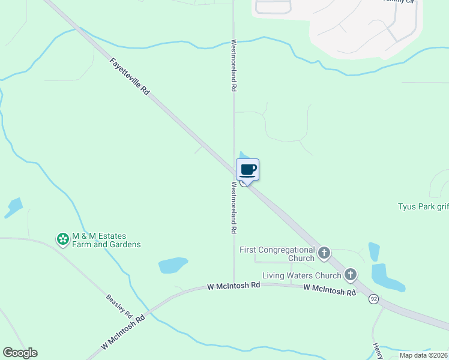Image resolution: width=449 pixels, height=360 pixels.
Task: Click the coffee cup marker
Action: (248, 170)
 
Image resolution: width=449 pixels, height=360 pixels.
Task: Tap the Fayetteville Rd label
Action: (130, 77)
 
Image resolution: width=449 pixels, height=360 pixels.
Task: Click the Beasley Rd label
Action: (119, 305)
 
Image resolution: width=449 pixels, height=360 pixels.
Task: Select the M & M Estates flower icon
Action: (62, 240)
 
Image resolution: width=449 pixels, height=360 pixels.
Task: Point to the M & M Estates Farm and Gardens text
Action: (106, 241)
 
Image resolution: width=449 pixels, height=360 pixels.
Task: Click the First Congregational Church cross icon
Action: (324, 253)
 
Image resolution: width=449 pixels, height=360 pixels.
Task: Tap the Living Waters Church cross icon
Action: (351, 275)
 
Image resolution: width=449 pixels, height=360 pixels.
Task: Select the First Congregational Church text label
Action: (277, 254)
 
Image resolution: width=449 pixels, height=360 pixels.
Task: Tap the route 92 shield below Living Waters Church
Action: (373, 299)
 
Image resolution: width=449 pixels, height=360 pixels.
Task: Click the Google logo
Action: (20, 353)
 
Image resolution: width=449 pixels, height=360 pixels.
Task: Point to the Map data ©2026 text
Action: (423, 355)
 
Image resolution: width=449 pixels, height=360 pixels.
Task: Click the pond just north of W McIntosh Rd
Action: (173, 265)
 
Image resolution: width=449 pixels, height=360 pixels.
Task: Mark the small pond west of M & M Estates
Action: (13, 208)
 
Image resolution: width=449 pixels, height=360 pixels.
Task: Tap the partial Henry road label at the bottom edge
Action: (377, 351)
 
